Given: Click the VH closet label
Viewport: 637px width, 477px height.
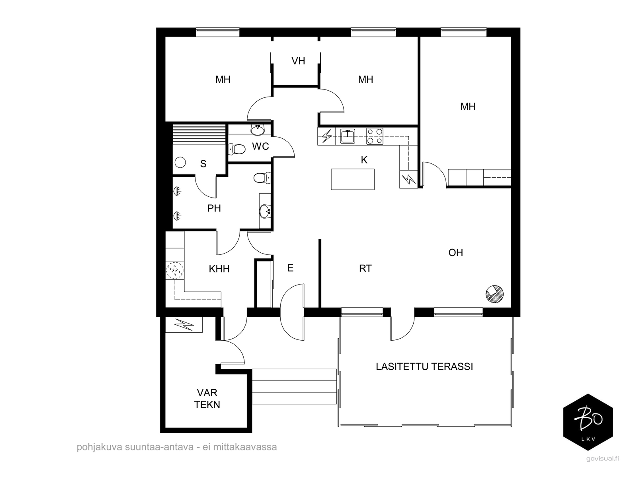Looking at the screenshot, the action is (298, 61).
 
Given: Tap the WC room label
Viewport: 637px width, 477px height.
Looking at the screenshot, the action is (260, 146).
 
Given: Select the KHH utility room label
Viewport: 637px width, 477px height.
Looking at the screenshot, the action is (219, 269).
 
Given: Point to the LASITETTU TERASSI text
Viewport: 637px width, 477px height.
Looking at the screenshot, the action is (424, 366).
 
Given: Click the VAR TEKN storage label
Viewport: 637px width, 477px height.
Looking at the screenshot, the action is (207, 399).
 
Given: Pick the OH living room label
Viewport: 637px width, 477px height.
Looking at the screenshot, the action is (455, 252).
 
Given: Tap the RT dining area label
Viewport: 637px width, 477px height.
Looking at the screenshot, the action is (365, 268).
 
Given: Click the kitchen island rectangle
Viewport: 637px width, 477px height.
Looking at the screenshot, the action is (353, 179).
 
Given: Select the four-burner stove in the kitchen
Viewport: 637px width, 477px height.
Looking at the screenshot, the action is (375, 136).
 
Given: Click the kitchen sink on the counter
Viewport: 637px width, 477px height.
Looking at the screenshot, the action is (348, 136).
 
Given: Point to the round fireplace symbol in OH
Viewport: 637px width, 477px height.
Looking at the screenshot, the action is (494, 294).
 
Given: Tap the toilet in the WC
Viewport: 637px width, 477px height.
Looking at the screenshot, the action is (237, 149).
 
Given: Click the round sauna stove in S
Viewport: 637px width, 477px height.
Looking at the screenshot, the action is (180, 163).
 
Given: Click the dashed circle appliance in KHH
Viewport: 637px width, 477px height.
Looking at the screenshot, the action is (175, 270).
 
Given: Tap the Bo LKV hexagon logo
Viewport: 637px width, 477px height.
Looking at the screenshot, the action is (588, 422).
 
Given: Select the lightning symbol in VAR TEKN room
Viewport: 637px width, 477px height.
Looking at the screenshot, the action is (184, 325).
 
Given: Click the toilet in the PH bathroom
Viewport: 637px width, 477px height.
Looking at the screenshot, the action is (262, 178).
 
